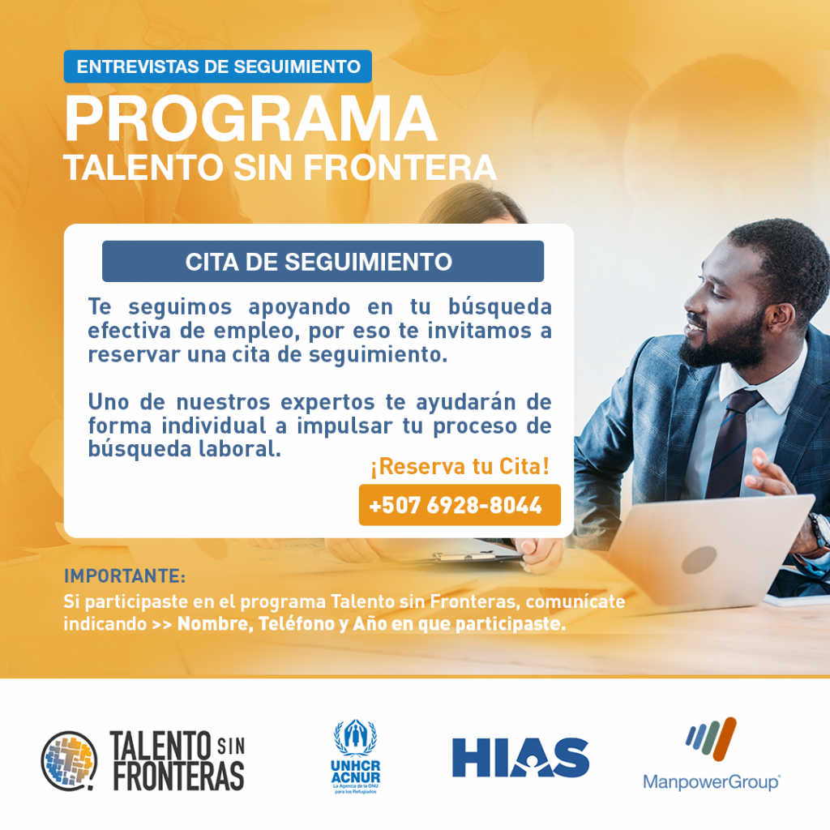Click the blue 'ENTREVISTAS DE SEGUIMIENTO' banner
tap(217, 66)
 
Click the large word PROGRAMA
tap(251, 119)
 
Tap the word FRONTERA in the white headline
tap(400, 168)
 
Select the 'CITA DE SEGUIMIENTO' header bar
tap(323, 262)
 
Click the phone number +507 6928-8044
tap(456, 506)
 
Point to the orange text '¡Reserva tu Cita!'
tap(460, 466)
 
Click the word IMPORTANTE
tap(122, 576)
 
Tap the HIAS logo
tap(520, 758)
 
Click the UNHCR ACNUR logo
tap(355, 756)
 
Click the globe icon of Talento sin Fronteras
tap(70, 761)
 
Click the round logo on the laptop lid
tap(699, 559)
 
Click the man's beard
tap(725, 343)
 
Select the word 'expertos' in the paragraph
tap(327, 403)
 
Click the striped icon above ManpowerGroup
tap(711, 739)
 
